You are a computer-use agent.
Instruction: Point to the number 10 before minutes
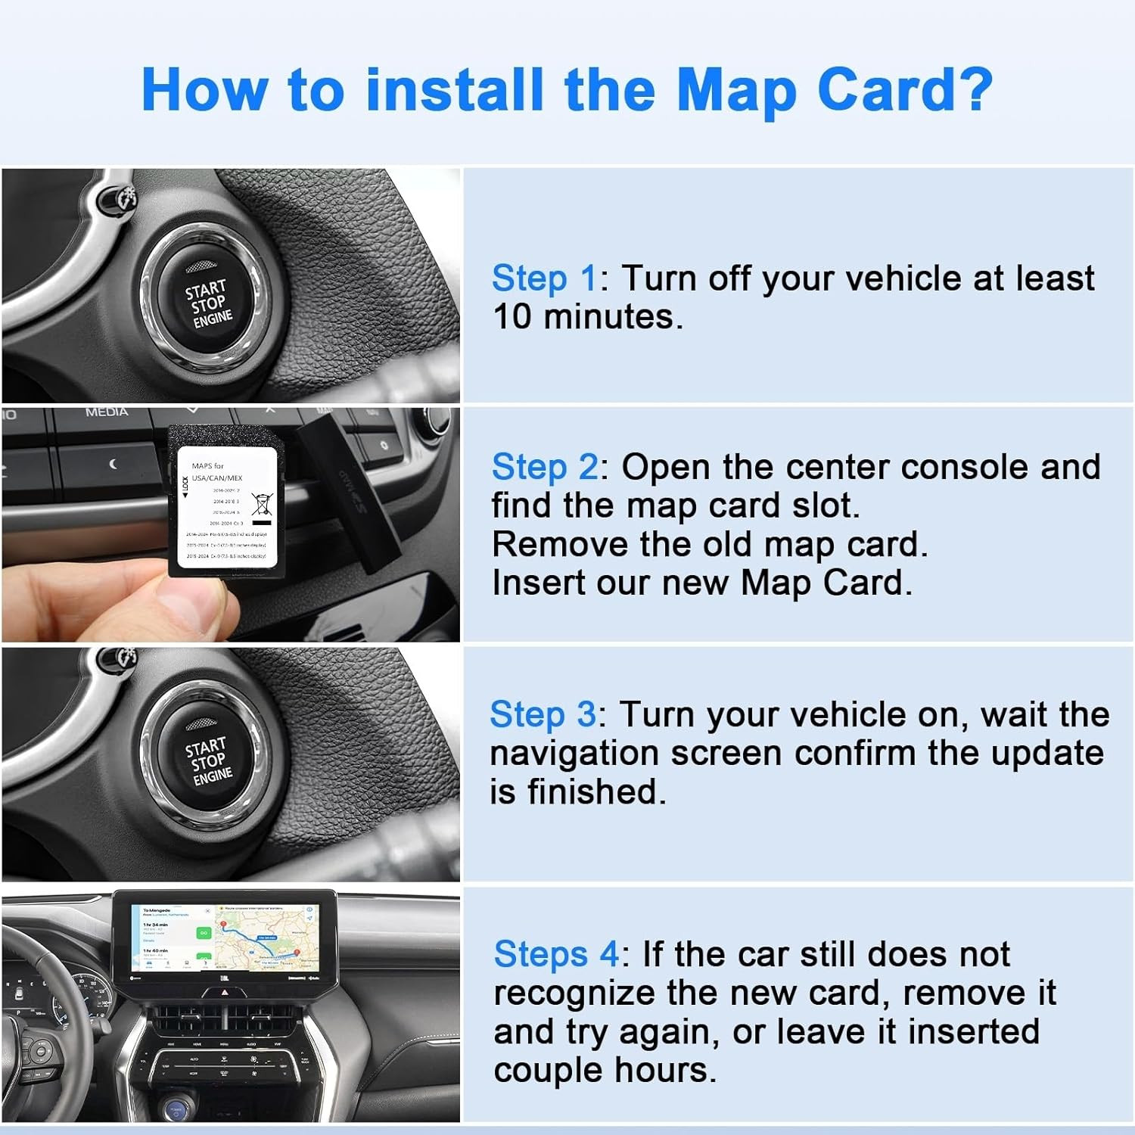tap(512, 316)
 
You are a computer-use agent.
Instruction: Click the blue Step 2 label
tap(544, 467)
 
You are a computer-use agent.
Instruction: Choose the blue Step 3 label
tap(543, 714)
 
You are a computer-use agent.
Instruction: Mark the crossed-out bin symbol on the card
tap(261, 503)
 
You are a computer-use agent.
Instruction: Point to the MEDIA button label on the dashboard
tap(107, 412)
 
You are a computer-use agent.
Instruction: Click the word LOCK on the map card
tap(185, 485)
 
